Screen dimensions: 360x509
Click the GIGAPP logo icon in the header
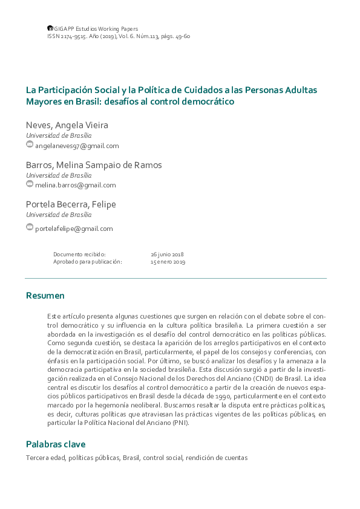pyautogui.click(x=50, y=28)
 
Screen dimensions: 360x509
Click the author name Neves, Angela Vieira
pyautogui.click(x=67, y=125)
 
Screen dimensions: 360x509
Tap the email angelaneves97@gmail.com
pyautogui.click(x=77, y=146)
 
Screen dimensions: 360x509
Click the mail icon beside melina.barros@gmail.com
pyautogui.click(x=30, y=184)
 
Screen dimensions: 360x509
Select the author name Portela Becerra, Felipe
pyautogui.click(x=71, y=204)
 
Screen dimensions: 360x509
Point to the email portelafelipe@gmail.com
pyautogui.click(x=74, y=229)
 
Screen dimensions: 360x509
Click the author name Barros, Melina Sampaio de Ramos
pyautogui.click(x=94, y=164)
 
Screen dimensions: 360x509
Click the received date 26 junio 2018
pyautogui.click(x=167, y=254)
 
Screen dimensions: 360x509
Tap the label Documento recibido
pyautogui.click(x=79, y=254)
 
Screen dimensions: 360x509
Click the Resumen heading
pyautogui.click(x=45, y=296)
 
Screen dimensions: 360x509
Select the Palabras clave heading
pyautogui.click(x=56, y=444)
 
